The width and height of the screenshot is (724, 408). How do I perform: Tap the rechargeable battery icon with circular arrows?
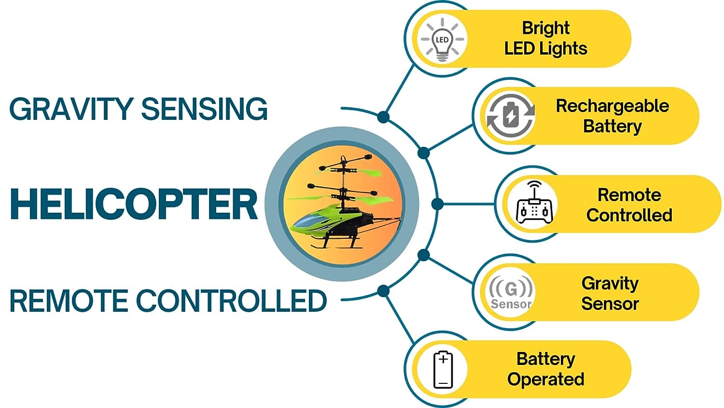[x=511, y=116]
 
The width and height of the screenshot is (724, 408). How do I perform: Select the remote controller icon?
[x=535, y=203]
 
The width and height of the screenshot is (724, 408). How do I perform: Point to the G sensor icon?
[x=511, y=292]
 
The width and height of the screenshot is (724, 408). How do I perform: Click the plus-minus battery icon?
[x=443, y=370]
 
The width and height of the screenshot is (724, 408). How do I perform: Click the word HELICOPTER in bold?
[x=134, y=204]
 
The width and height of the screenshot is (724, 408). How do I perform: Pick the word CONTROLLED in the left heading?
[x=231, y=301]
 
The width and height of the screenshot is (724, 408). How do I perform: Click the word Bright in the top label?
[x=545, y=29]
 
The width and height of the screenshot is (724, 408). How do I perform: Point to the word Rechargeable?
[x=612, y=106]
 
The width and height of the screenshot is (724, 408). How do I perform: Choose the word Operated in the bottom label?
[x=545, y=379]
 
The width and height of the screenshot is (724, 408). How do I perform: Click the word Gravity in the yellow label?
[x=610, y=284]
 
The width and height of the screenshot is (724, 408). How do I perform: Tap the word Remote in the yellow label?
[x=629, y=195]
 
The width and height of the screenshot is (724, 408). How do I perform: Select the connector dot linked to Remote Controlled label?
[x=437, y=204]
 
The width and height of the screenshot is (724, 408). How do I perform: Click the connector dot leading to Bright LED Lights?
[x=383, y=117]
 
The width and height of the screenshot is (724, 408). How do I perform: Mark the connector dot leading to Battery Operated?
[x=383, y=291]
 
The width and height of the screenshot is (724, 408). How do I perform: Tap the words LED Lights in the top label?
[x=545, y=48]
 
